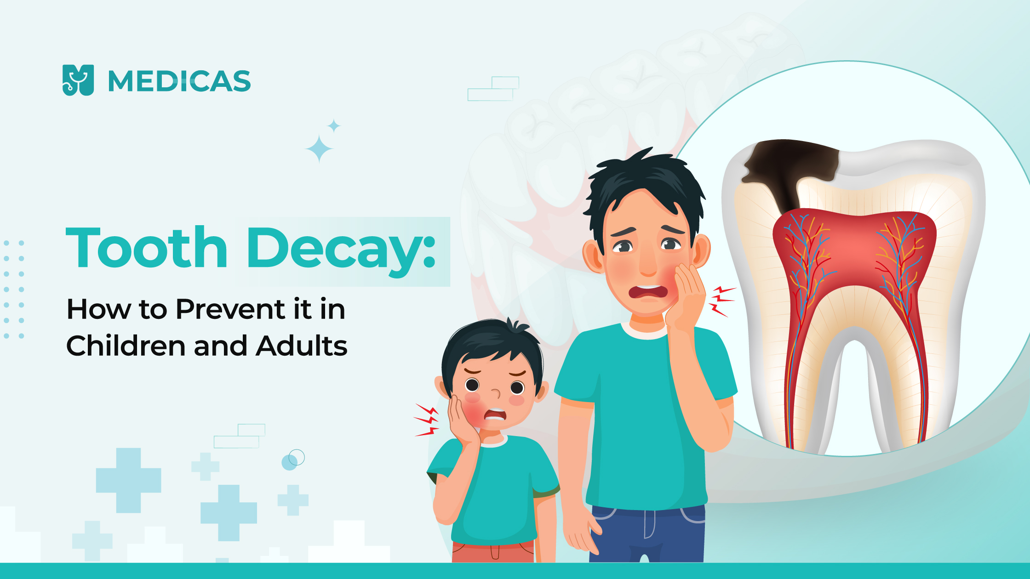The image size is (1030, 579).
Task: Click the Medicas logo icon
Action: pyautogui.click(x=78, y=80)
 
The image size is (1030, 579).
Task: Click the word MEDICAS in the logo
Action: pyautogui.click(x=179, y=81)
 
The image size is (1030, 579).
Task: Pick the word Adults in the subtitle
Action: pyautogui.click(x=302, y=346)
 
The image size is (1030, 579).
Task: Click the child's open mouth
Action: pyautogui.click(x=496, y=415)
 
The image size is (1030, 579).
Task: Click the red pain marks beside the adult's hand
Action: pyautogui.click(x=721, y=301)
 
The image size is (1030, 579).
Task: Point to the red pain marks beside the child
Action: pyautogui.click(x=426, y=420)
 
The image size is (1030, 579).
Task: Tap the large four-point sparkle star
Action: pyautogui.click(x=319, y=149)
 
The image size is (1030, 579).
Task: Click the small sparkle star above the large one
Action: pyautogui.click(x=334, y=125)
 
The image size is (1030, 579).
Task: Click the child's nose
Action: pyautogui.click(x=496, y=393)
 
